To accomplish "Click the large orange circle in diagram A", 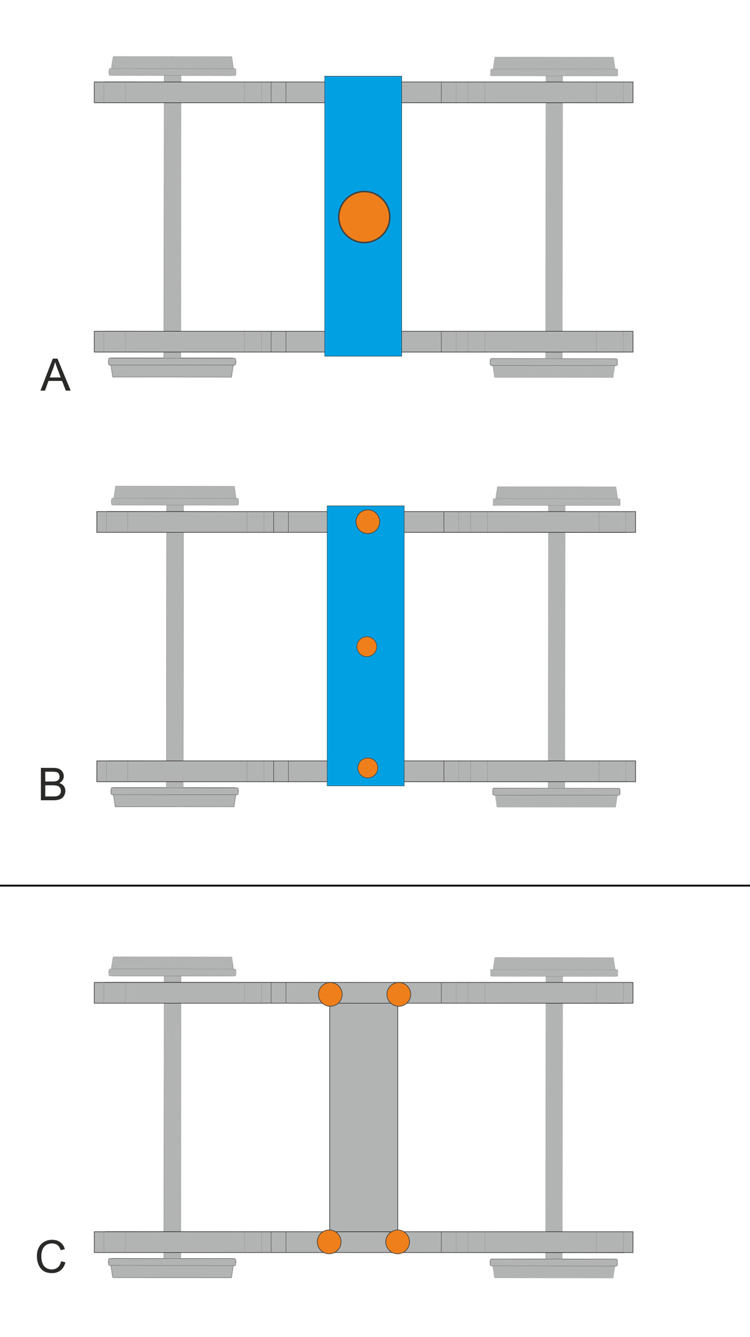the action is (x=364, y=217).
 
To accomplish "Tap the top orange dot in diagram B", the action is (x=367, y=522).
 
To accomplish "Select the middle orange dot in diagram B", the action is (x=367, y=647).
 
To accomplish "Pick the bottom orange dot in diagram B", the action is (x=367, y=768).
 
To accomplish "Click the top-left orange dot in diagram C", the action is (x=330, y=994).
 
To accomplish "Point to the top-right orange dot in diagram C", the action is (x=399, y=994).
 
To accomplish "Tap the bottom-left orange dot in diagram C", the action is (x=329, y=1242).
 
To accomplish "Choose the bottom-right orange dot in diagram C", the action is (x=397, y=1242).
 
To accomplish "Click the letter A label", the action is (x=56, y=375).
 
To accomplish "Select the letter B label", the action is (x=52, y=785).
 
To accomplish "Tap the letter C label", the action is (x=51, y=1257).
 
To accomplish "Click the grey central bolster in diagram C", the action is (x=364, y=1118).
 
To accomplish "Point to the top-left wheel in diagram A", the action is (x=172, y=66).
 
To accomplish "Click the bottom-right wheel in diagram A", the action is (x=554, y=368).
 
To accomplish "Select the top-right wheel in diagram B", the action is (x=556, y=496).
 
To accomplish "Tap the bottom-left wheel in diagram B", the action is (x=174, y=797).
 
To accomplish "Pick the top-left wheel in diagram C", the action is (x=172, y=967).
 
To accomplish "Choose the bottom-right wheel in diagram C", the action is (x=554, y=1268).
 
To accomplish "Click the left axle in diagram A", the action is (x=172, y=217).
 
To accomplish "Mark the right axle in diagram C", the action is (x=554, y=1117).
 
